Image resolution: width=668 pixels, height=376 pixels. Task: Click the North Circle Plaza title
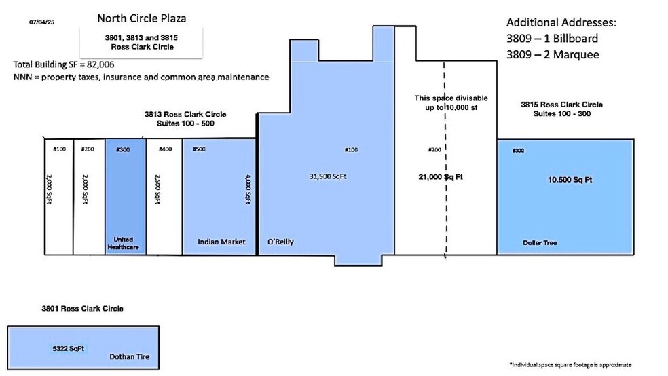point(141,18)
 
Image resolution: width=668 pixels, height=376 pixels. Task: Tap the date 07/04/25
point(42,22)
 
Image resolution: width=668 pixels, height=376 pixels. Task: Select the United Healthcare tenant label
point(123,243)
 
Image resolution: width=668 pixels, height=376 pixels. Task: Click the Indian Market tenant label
point(221,242)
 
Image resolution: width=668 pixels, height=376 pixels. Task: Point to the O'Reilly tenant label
point(280,242)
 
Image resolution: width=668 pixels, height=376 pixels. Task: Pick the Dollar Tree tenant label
point(540,243)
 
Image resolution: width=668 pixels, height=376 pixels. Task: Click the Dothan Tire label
point(130,357)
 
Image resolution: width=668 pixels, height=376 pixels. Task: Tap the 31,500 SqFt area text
point(328,176)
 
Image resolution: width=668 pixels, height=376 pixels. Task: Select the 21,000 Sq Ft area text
point(441,176)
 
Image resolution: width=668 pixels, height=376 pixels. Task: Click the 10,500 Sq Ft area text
point(570,180)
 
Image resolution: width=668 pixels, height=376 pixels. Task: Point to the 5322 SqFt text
point(68,349)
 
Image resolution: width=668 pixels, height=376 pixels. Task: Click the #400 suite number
point(165,149)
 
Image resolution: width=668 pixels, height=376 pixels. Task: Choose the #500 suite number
point(199,149)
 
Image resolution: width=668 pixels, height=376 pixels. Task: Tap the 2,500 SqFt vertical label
point(157,189)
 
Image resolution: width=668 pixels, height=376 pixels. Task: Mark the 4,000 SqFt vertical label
point(248,189)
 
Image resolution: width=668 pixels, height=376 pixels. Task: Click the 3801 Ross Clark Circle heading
point(82,309)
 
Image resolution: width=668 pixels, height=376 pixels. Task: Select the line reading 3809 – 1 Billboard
point(552,38)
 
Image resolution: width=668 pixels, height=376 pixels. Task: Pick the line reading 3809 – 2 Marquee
point(553,54)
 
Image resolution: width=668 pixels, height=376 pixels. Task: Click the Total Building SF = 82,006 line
point(64,64)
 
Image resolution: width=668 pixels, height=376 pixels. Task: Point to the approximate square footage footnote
point(570,365)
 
